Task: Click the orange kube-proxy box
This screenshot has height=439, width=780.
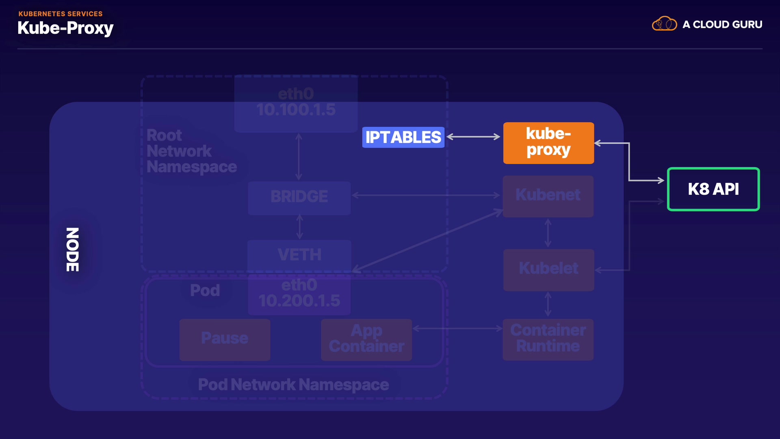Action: point(548,143)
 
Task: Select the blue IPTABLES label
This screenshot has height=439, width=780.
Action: point(403,137)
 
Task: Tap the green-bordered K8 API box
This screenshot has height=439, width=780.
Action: point(713,189)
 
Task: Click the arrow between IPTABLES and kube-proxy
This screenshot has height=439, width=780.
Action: point(474,137)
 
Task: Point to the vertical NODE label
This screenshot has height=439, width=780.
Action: point(73,249)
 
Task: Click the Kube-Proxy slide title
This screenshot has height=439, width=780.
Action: point(65,28)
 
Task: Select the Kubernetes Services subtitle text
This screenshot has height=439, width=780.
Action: point(61,14)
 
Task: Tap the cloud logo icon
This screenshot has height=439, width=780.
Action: point(664,24)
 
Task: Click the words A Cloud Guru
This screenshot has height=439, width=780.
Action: point(722,24)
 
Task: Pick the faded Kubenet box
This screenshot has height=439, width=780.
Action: point(548,196)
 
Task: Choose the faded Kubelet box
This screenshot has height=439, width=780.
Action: point(548,269)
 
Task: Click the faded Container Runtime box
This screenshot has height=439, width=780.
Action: point(548,339)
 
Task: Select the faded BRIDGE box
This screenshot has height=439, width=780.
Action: point(299,198)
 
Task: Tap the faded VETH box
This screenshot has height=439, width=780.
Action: point(299,255)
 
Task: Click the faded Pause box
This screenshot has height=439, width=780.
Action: point(225,339)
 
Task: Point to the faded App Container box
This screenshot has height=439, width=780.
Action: point(366,339)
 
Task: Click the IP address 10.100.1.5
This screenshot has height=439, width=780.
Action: point(296,110)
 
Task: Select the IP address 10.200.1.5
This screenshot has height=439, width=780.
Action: point(299,301)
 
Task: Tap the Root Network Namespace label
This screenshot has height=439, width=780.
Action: point(191,151)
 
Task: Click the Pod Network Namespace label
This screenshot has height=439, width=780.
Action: point(293,385)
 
